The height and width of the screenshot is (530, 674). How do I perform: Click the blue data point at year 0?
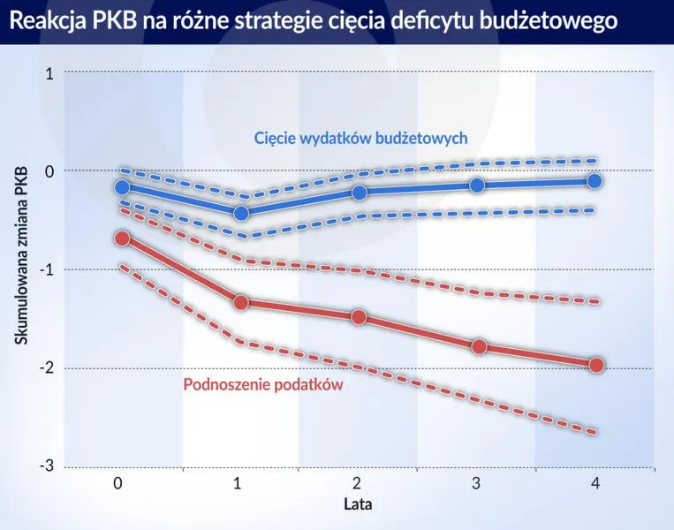122,187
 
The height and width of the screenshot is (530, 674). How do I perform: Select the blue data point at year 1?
241,213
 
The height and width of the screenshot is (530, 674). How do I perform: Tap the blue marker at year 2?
359,193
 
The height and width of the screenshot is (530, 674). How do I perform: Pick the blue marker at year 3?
477,185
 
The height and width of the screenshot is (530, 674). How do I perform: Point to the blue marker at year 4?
594,181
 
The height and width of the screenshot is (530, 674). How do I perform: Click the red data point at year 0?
122,238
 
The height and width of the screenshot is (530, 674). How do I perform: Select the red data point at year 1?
241,302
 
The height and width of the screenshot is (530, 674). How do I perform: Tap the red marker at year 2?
359,317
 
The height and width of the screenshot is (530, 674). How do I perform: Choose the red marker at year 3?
478,347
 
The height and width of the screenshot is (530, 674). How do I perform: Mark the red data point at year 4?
595,365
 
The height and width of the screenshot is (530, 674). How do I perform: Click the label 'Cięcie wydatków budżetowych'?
360,139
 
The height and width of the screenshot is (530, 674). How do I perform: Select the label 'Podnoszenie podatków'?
262,385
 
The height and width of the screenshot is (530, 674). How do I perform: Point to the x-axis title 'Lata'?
358,505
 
